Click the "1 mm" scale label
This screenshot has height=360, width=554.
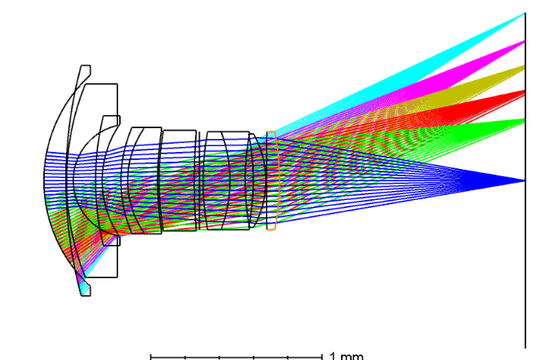(346, 356)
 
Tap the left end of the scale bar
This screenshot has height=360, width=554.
(151, 358)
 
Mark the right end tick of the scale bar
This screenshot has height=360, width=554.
(322, 358)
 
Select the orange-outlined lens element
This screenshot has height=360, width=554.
(272, 180)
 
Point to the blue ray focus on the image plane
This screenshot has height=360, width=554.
(525, 180)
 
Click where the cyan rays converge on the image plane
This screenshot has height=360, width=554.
(525, 13)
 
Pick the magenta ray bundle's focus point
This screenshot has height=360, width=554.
(525, 42)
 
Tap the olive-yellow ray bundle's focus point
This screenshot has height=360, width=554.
(525, 66)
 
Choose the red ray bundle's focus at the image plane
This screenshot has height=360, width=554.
(525, 92)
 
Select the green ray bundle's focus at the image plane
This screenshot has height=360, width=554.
(525, 120)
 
